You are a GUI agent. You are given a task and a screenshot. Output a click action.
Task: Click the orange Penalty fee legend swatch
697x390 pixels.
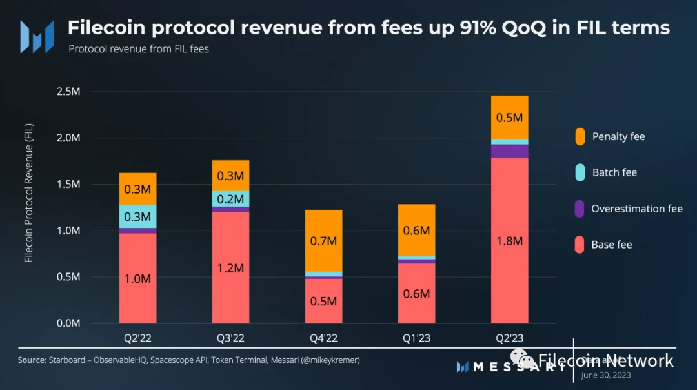tap(580, 136)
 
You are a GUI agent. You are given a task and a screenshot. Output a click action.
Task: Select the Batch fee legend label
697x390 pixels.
tap(614, 172)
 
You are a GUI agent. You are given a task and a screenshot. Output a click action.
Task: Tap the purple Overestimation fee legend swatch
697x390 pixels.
tap(580, 209)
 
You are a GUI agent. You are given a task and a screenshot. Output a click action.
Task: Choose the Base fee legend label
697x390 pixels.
tap(611, 245)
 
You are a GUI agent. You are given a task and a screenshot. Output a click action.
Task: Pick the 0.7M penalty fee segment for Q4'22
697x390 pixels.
tap(323, 240)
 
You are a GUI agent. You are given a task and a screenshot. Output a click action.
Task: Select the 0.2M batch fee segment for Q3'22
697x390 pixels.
tap(230, 198)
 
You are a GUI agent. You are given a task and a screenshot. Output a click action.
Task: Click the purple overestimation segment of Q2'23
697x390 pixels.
tap(509, 151)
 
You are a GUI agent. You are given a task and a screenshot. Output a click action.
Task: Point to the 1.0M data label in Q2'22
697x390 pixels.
tap(137, 279)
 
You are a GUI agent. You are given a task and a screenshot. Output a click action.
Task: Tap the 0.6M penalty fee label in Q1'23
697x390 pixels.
tap(416, 230)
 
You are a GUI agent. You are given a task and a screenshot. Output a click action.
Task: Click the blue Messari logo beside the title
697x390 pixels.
tap(36, 36)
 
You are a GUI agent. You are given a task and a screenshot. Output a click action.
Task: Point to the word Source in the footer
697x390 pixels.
tap(32, 360)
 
